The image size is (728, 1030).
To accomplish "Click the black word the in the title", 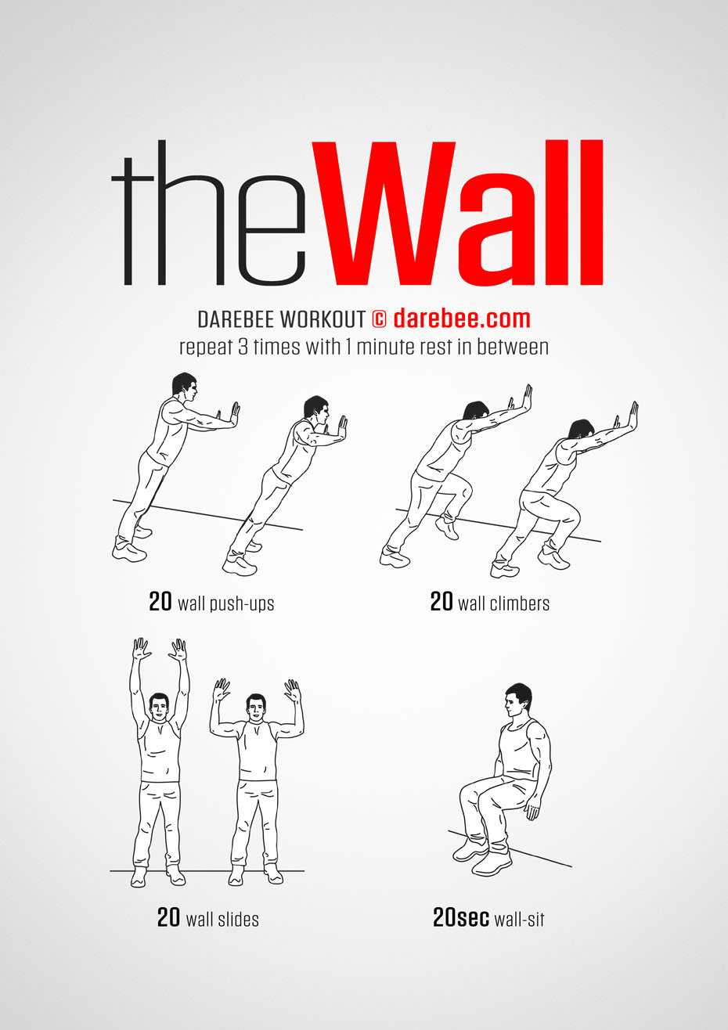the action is [208, 213].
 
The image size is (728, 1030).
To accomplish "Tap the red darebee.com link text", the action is [462, 319].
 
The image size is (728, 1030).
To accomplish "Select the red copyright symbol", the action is [379, 319].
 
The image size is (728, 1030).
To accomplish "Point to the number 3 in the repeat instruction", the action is [243, 347].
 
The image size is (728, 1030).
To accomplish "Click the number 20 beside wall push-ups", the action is [160, 601].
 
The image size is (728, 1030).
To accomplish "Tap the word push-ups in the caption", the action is [241, 603].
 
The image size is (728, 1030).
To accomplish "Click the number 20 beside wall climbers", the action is [441, 601].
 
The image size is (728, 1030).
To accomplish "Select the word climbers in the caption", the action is [520, 603].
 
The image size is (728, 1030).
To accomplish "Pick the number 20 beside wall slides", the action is [168, 917].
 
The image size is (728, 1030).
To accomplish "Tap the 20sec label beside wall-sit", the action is [461, 917].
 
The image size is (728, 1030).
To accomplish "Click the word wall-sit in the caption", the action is [519, 919].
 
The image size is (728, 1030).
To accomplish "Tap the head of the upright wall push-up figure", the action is [185, 387].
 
